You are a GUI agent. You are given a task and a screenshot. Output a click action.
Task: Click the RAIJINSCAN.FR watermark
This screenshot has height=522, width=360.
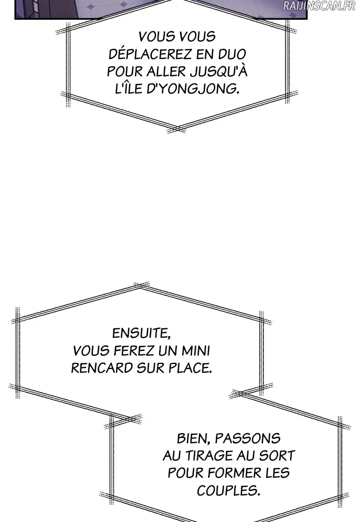pyautogui.click(x=319, y=6)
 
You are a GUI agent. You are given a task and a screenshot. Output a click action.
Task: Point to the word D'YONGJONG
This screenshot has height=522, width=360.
pyautogui.click(x=193, y=89)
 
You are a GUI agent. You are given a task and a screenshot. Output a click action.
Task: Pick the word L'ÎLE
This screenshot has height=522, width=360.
pyautogui.click(x=128, y=89)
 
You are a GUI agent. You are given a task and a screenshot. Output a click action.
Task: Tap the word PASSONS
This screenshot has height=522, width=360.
pyautogui.click(x=247, y=438)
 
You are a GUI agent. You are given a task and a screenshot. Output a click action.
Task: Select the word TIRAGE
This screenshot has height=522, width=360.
pyautogui.click(x=209, y=456)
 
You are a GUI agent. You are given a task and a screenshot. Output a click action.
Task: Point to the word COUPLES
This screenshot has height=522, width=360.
pyautogui.click(x=228, y=491)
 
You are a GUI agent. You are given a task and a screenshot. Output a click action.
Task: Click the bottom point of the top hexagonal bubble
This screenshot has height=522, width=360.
pyautogui.click(x=176, y=129)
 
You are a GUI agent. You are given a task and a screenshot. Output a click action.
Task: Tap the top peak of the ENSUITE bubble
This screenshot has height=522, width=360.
pyautogui.click(x=141, y=286)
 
